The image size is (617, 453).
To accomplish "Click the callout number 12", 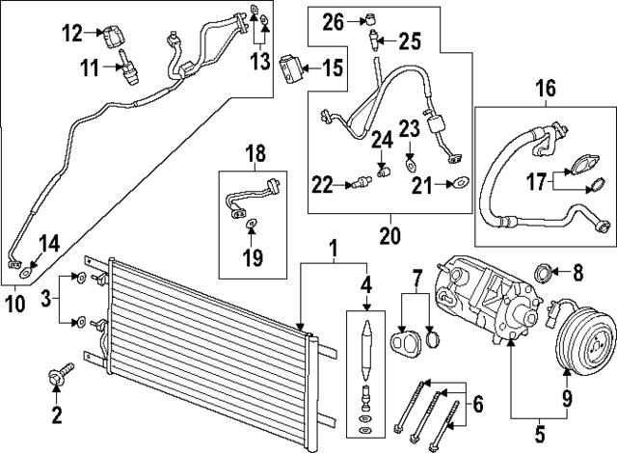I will pyautogui.click(x=74, y=34).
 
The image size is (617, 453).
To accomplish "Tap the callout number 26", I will pyautogui.click(x=333, y=19).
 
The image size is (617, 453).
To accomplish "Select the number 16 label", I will pyautogui.click(x=546, y=90).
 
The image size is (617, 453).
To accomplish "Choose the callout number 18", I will pyautogui.click(x=255, y=153).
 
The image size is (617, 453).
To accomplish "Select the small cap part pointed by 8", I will pyautogui.click(x=544, y=273).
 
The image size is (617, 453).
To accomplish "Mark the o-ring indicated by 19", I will pyautogui.click(x=251, y=225).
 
